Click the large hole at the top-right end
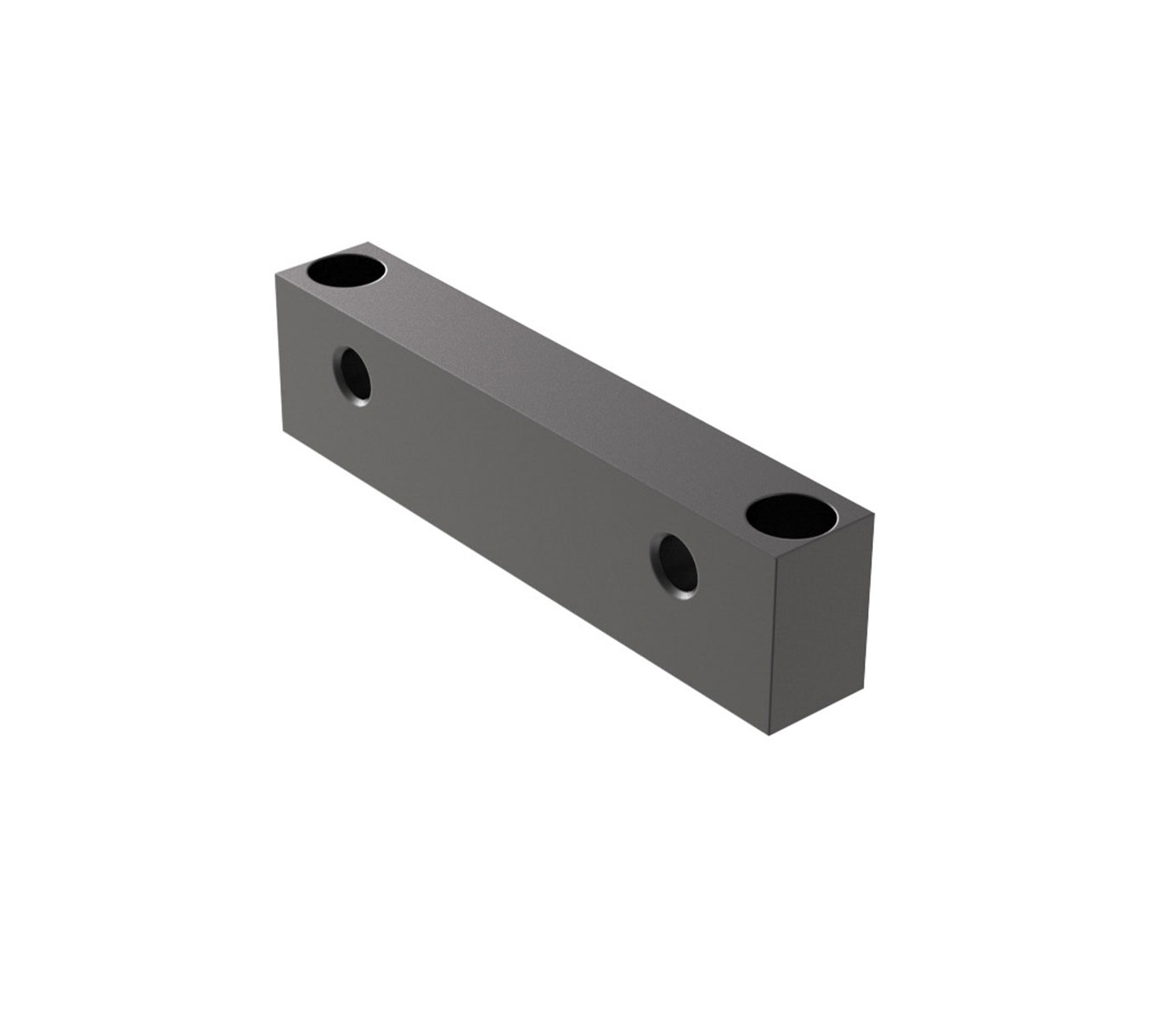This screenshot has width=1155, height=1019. (790, 515)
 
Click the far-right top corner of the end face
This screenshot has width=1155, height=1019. (872, 514)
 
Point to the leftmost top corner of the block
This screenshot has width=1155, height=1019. (275, 273)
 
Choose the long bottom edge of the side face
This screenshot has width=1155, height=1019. (527, 583)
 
